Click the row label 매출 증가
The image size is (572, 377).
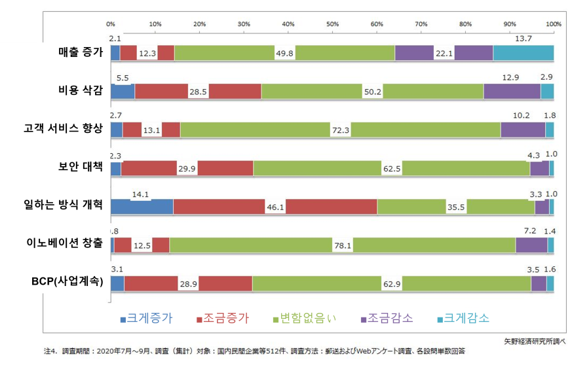point(80,53)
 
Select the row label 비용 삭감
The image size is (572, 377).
point(80,91)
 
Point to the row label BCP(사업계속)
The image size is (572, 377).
point(67,282)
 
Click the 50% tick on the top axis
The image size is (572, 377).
point(332,24)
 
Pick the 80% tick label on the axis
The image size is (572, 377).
point(465,24)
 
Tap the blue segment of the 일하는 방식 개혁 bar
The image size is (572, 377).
point(142,207)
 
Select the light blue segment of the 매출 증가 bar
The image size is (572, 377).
point(523,52)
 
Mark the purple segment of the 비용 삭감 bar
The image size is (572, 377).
point(512,92)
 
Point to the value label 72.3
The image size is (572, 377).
point(341,130)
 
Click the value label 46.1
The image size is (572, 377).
point(275,207)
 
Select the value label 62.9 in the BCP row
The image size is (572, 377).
point(392,284)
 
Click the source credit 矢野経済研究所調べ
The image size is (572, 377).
point(534,341)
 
